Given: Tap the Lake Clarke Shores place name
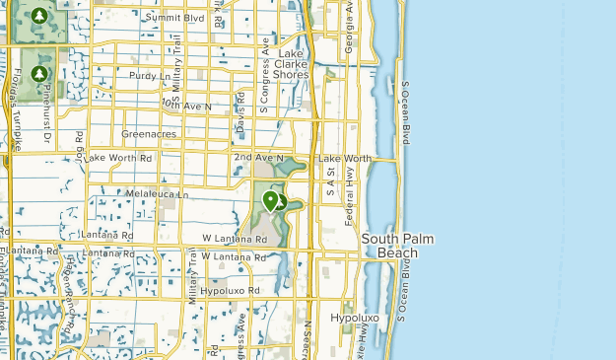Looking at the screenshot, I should (293, 63).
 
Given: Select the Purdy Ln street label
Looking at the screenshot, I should (149, 75).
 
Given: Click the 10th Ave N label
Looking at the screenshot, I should (186, 105).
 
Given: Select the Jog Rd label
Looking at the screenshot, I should (80, 142).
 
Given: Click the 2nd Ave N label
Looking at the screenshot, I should (258, 158).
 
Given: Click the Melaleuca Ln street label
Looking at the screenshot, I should (158, 194).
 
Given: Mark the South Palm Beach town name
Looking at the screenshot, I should (398, 246).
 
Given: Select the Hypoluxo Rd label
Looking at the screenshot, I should (229, 291).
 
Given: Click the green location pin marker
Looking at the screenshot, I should (270, 201).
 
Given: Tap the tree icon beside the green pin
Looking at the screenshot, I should (281, 203).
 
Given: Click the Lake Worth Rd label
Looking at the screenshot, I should (119, 158).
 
